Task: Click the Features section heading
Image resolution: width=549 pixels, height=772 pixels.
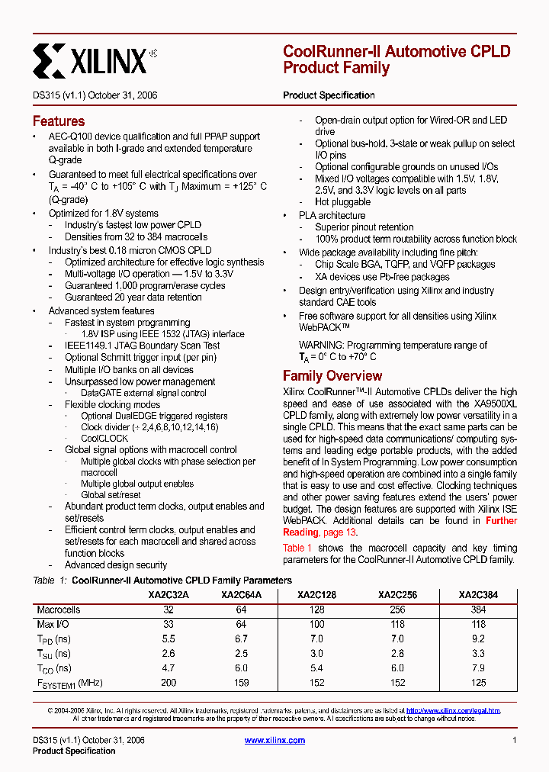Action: point(59,121)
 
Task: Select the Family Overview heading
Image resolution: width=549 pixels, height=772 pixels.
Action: point(332,376)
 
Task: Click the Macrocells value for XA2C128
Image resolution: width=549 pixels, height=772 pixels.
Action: point(317,610)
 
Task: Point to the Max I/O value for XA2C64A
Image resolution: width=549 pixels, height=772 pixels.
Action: point(241,625)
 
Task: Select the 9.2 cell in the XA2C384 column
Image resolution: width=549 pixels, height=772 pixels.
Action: point(478,639)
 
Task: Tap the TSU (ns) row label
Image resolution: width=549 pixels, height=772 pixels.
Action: point(53,654)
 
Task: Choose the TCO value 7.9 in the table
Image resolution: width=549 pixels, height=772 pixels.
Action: point(478,668)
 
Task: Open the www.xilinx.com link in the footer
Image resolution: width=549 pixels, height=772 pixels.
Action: point(274,740)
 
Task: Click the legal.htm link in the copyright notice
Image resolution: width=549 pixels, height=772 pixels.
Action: point(453,710)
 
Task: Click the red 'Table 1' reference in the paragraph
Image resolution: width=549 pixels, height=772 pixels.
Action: point(297,548)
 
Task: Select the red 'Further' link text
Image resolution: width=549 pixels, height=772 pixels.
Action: point(501,521)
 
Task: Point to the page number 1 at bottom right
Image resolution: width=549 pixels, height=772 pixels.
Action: point(515,740)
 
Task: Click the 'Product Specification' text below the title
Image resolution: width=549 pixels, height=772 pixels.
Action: point(329,95)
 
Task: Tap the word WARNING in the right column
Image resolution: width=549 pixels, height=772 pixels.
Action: point(323,346)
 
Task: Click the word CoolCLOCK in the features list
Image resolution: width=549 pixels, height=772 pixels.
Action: point(104,439)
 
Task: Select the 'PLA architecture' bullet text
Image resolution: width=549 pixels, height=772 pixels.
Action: point(332,216)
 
